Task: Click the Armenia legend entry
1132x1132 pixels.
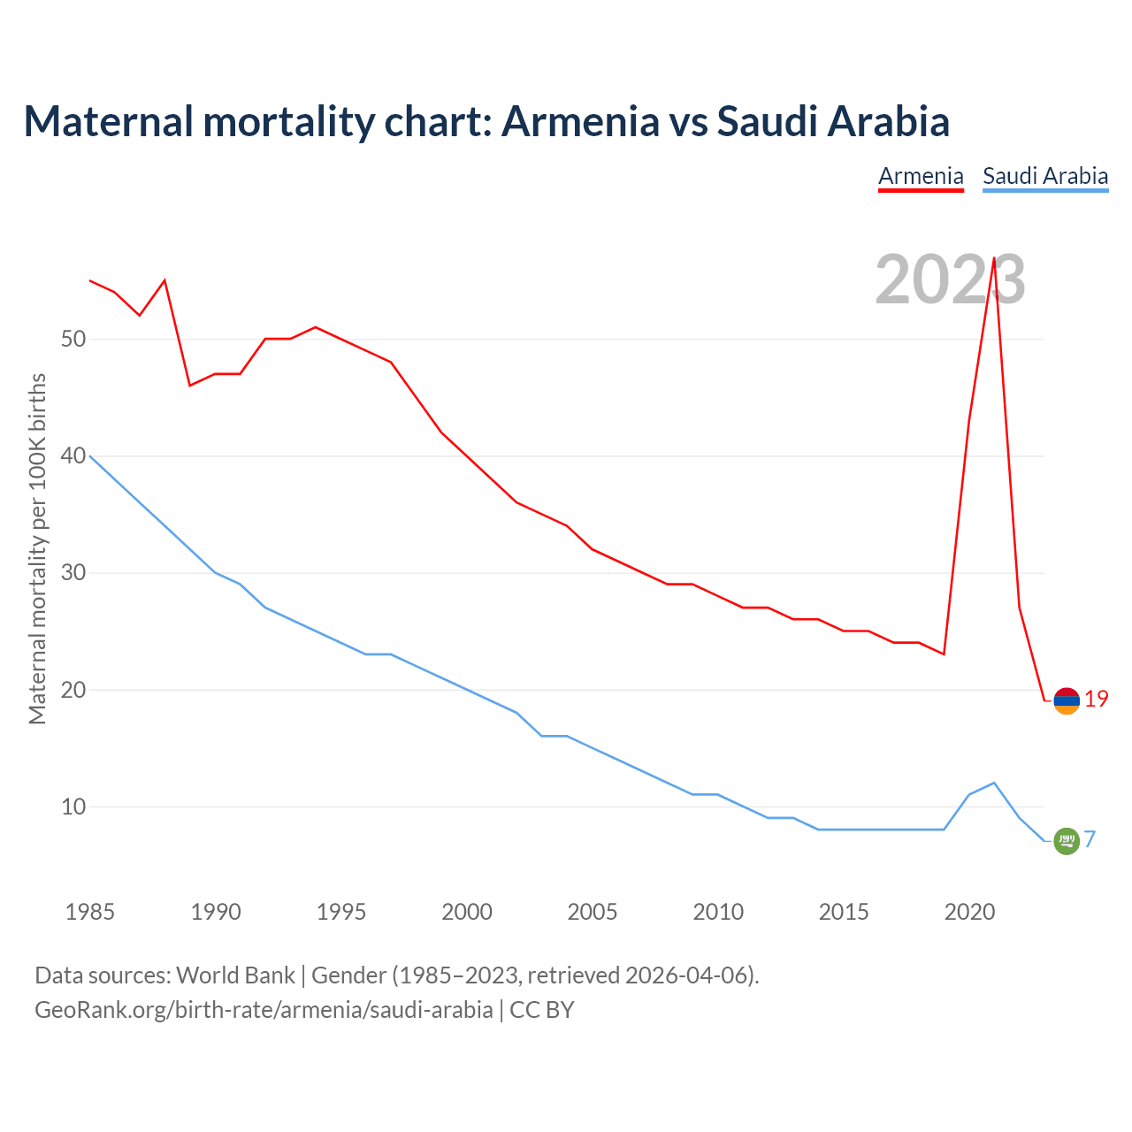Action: tap(921, 176)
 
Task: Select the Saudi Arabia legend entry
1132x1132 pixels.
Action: tap(1045, 176)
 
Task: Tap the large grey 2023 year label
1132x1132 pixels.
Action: tap(950, 279)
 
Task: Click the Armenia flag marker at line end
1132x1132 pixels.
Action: tap(1067, 700)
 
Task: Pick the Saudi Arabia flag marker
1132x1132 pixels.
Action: tap(1067, 840)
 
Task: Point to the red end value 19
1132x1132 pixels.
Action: tap(1097, 699)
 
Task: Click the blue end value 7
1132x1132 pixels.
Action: tap(1090, 839)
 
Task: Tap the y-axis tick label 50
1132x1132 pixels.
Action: tap(73, 339)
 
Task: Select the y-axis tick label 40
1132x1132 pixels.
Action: tap(73, 456)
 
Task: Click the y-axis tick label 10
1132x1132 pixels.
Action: tap(73, 807)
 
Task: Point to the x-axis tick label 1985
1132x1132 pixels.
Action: tap(90, 912)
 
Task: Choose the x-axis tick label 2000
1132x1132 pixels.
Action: tap(467, 912)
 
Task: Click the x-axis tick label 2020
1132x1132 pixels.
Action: tap(969, 912)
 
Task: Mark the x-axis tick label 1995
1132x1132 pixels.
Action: tap(341, 912)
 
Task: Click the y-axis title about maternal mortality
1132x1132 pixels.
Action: tap(37, 548)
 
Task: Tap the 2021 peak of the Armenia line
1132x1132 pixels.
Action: tap(995, 258)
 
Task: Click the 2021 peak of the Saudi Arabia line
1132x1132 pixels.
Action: tap(995, 783)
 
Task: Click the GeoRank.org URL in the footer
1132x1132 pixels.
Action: tap(264, 1009)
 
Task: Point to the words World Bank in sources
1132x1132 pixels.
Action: tap(235, 975)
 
